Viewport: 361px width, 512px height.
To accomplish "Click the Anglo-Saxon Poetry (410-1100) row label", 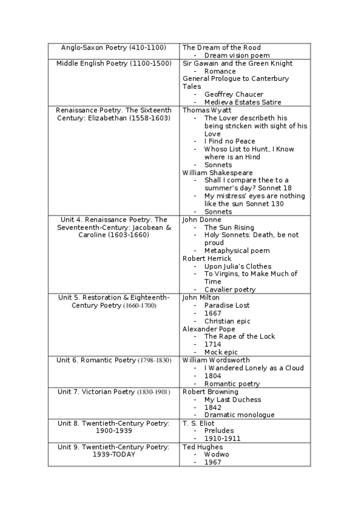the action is pos(114,47).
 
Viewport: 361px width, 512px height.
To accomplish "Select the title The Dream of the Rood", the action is pos(221,47).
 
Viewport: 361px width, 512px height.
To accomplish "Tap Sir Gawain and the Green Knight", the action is pos(237,63).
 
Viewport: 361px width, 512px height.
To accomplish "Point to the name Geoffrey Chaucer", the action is pos(233,94).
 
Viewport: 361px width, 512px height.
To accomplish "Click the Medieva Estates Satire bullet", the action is pos(242,102).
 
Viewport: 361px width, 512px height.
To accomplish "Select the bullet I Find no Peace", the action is pos(229,141).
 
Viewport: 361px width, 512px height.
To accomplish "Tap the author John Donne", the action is pos(201,219).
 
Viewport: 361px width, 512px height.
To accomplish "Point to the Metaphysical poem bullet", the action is pos(237,251).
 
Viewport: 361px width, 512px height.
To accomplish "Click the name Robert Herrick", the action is pos(207,258).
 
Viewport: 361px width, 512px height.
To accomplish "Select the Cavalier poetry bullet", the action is pos(230,289).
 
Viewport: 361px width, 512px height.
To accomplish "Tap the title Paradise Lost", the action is pos(227,306).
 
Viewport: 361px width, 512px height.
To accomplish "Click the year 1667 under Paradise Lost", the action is pos(212,313).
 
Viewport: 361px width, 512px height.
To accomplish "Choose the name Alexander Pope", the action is pos(209,329).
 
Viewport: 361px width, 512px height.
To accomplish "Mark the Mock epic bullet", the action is pos(221,352).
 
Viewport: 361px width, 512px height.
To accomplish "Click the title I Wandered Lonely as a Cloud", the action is pos(254,368).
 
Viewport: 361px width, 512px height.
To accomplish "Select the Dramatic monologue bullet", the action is pos(239,415).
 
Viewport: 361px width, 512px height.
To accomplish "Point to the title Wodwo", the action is pos(216,454).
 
